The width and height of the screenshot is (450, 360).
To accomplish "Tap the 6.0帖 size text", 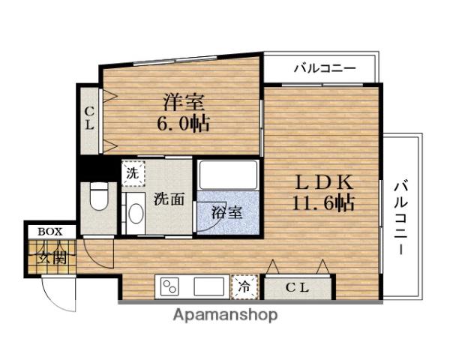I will click(x=183, y=123).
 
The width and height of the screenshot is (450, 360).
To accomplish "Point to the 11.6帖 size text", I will click(x=323, y=202).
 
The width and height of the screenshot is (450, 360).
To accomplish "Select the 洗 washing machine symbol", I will click(x=132, y=172).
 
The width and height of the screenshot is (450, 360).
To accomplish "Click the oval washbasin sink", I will click(x=135, y=212).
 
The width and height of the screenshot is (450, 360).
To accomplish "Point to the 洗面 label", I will click(x=169, y=199).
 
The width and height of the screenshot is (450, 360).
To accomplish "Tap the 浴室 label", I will click(x=227, y=211).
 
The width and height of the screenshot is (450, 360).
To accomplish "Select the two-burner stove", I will click(x=170, y=286).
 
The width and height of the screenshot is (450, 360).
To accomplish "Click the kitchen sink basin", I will click(x=209, y=286).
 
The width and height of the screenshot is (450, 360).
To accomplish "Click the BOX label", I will click(x=52, y=231).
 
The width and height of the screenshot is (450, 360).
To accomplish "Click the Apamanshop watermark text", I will click(x=224, y=314).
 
